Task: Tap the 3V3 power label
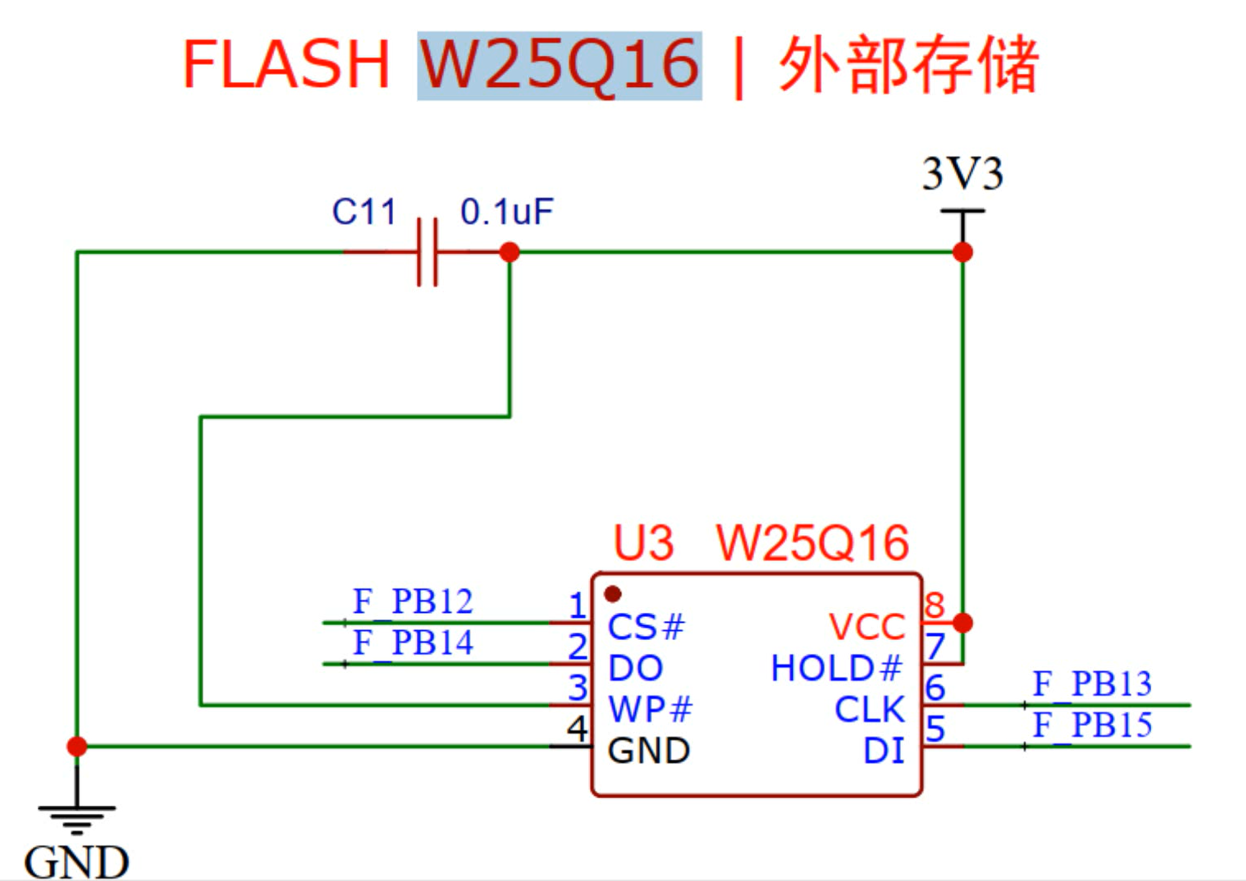[x=962, y=174]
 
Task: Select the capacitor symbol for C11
[x=427, y=252]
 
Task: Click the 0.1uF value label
[x=506, y=212]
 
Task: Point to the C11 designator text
[x=364, y=212]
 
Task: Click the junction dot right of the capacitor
[x=509, y=252]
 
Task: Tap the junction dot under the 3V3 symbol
[x=962, y=252]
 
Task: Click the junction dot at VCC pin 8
[x=962, y=622]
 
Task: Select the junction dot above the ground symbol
[x=77, y=746]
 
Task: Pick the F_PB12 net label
[x=412, y=601]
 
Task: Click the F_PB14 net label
[x=412, y=643]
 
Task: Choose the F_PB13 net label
[x=1092, y=683]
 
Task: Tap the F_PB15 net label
[x=1092, y=725]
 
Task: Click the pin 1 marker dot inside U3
[x=612, y=594]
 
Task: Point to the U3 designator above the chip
[x=643, y=543]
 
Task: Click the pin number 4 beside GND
[x=577, y=728]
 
